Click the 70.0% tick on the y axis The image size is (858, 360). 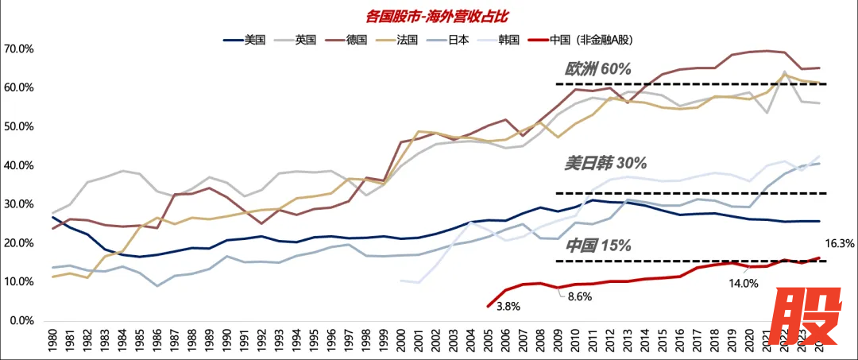tap(18, 49)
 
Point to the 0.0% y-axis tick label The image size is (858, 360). tap(21, 321)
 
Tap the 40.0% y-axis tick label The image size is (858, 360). tap(18, 165)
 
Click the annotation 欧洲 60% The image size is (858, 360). tap(598, 70)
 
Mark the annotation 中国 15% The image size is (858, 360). tap(598, 246)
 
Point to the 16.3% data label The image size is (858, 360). tap(839, 246)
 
